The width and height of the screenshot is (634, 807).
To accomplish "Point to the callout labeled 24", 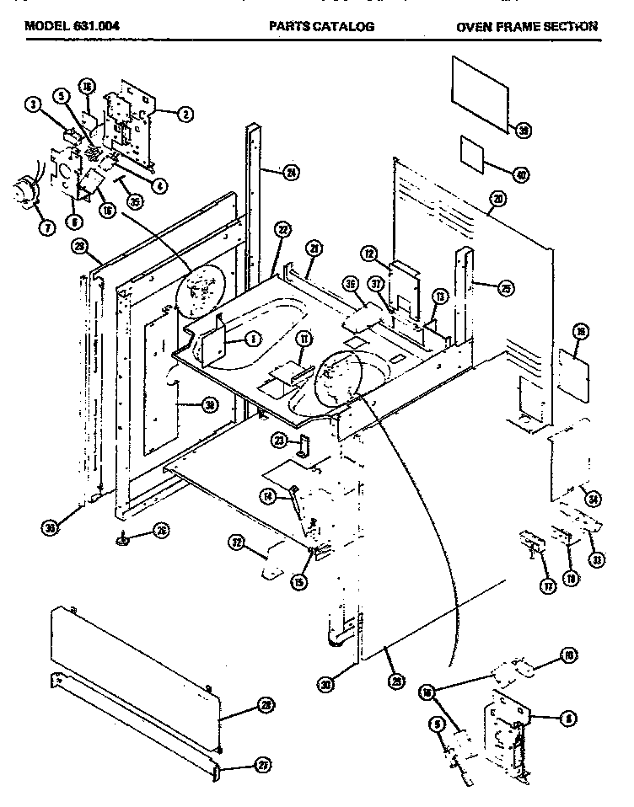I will [x=292, y=173].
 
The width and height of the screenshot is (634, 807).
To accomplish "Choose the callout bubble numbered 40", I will [x=522, y=175].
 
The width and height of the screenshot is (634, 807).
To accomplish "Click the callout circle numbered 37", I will [x=377, y=284].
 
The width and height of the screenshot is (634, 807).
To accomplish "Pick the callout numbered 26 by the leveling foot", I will [x=160, y=531].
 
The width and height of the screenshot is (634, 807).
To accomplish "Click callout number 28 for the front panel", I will [x=266, y=709].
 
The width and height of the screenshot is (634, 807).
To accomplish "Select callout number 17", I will [x=548, y=586].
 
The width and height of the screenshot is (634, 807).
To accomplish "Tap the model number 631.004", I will [x=96, y=26].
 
